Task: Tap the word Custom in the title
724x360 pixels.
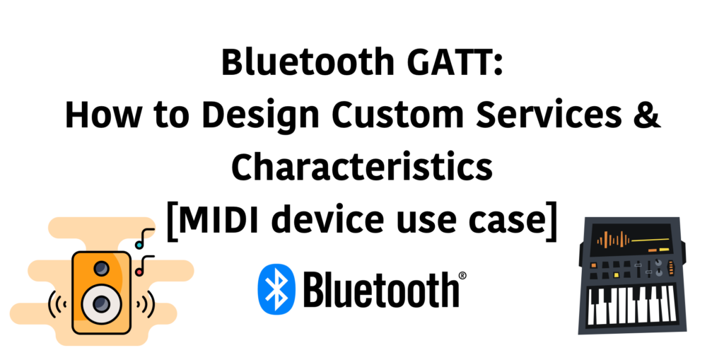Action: [398, 115]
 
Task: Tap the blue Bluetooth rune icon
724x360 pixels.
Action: [276, 289]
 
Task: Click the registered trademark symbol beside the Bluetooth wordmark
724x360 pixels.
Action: [462, 276]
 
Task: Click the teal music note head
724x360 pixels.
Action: [139, 244]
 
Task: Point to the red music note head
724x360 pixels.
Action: [139, 272]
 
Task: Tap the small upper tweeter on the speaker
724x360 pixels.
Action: [101, 268]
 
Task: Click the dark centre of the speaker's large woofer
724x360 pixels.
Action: [101, 303]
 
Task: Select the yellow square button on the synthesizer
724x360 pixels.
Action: [616, 275]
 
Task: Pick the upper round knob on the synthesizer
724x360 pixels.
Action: [658, 263]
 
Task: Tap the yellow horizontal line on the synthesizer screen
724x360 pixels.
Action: [650, 240]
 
